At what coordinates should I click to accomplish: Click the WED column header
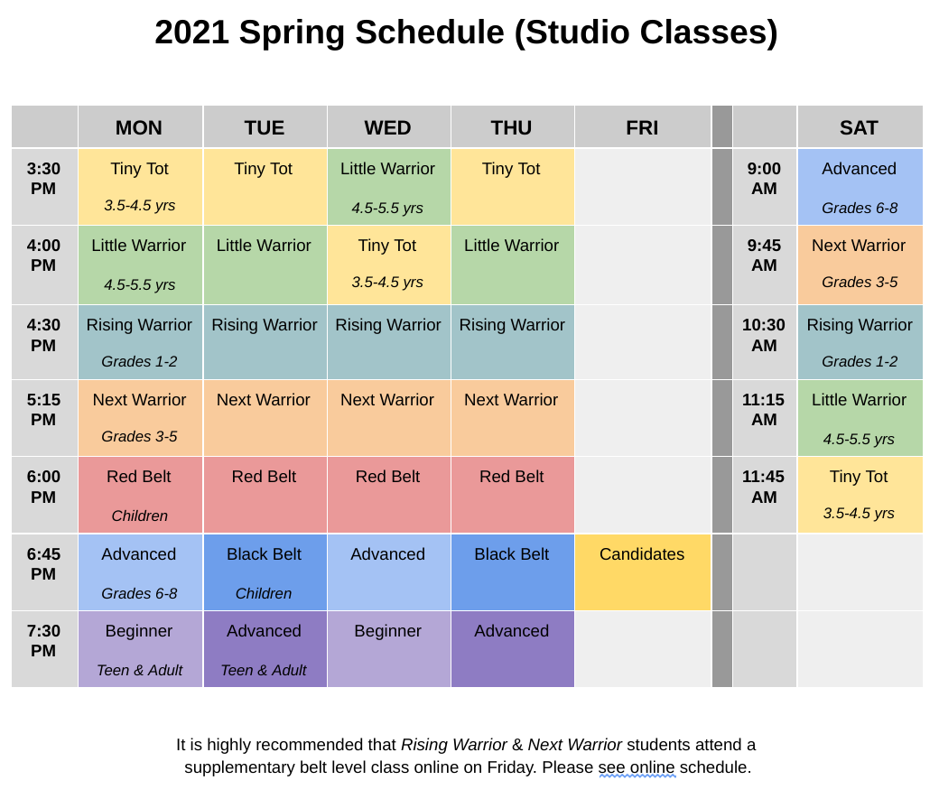388,127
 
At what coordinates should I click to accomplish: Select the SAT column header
859,127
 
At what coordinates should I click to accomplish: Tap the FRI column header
642,127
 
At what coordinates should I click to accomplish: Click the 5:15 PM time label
43,410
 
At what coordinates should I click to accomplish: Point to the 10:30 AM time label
764,335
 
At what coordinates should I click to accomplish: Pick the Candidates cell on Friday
642,571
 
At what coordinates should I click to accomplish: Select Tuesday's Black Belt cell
264,571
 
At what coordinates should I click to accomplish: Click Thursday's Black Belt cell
512,571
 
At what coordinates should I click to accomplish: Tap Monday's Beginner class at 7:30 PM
139,648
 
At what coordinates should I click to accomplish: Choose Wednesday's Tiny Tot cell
387,265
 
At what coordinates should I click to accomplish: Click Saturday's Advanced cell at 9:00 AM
859,187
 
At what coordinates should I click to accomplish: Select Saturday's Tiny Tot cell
859,494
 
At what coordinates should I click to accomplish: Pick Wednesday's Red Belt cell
387,494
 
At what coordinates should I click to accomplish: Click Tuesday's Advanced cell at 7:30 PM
264,648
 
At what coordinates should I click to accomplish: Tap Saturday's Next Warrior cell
859,265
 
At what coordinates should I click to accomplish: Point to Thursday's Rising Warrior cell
512,341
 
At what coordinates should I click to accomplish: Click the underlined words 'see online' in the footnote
637,767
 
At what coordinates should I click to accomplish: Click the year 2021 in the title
191,33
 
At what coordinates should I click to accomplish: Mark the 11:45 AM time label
764,487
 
